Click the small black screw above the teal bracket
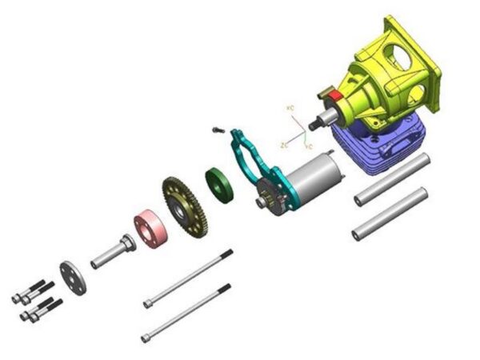click(x=215, y=130)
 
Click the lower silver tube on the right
click(x=390, y=213)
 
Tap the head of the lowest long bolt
click(x=146, y=338)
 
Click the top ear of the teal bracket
click(x=236, y=132)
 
